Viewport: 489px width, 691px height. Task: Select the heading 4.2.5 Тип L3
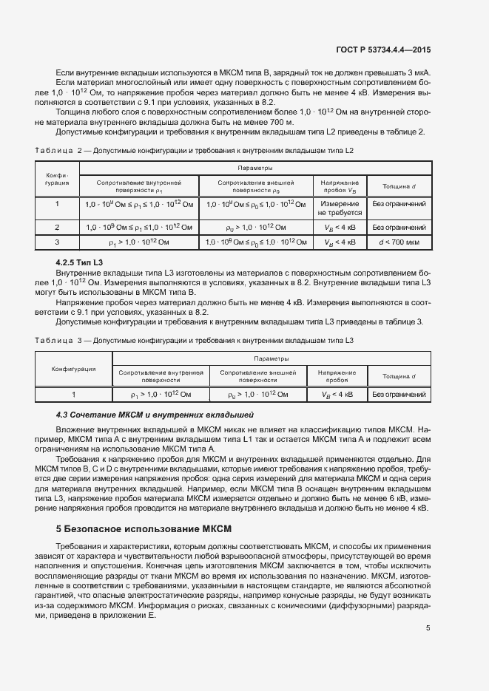tap(79, 262)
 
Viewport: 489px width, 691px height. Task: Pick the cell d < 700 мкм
tap(399, 242)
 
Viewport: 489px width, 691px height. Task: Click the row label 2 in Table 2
tap(57, 227)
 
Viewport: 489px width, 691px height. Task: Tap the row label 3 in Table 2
tap(57, 242)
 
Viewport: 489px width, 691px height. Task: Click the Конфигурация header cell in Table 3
tap(73, 368)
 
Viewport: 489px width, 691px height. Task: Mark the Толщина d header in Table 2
tap(399, 185)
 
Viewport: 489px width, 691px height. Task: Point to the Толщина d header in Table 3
tap(399, 376)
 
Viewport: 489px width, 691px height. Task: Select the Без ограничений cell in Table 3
tap(399, 395)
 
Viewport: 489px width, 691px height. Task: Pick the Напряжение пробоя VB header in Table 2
tap(340, 185)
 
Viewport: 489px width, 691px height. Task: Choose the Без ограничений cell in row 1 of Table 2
tap(399, 203)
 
